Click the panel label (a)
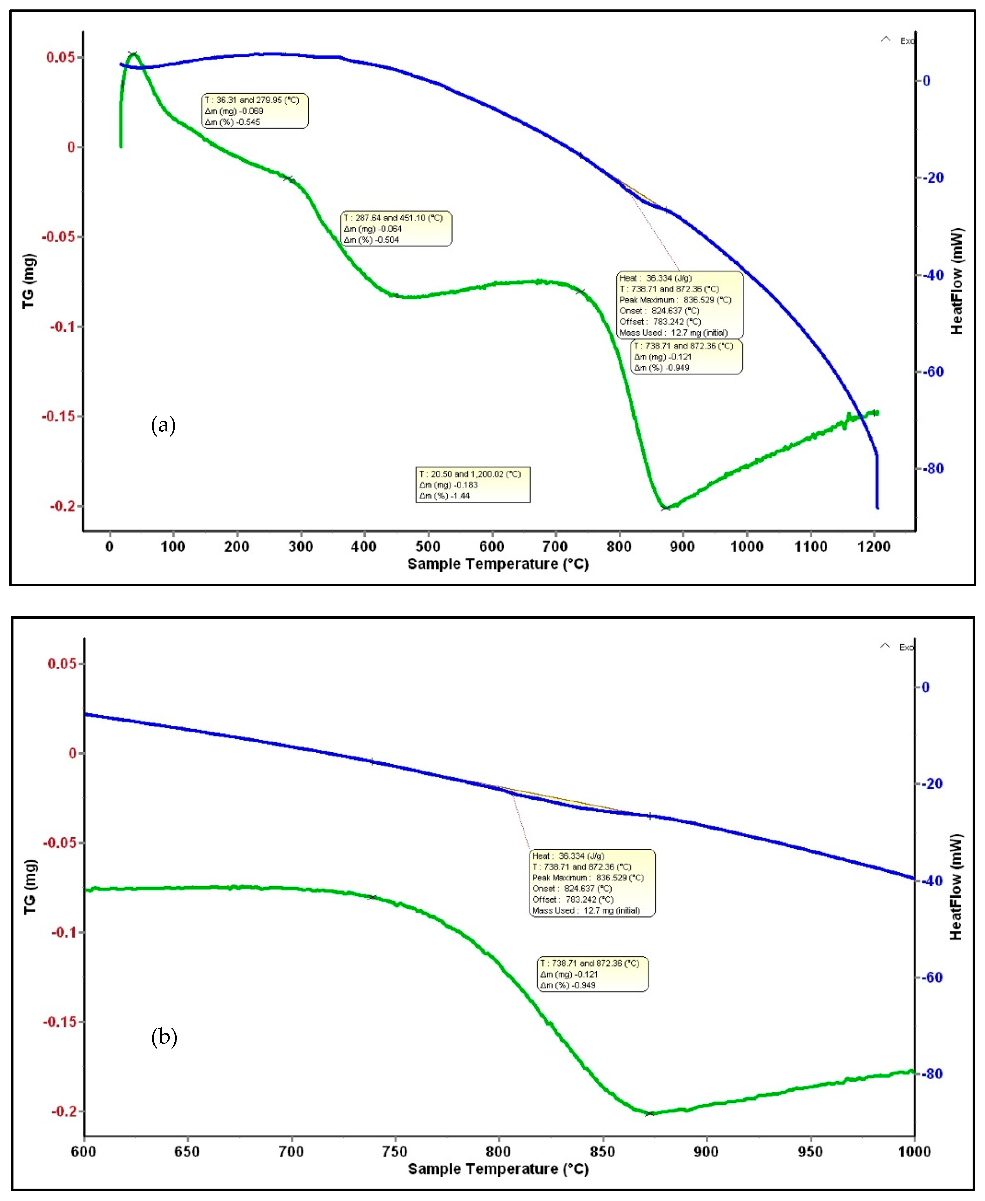163,425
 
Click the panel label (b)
164,1037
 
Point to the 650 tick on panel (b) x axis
187,1152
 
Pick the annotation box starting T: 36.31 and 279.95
255,111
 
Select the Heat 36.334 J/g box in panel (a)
680,305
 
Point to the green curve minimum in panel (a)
664,508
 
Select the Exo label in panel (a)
906,41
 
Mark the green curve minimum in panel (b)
650,1113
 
